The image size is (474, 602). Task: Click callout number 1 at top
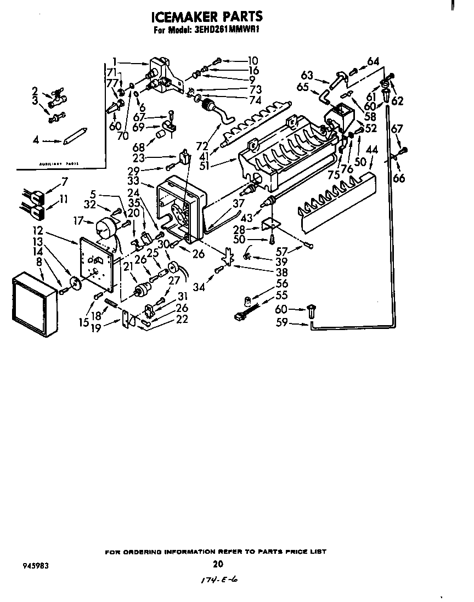coord(115,61)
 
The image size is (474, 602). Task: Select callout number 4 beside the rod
coord(36,141)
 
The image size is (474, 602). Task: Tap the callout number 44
coord(372,149)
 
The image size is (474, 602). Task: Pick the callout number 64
coord(373,61)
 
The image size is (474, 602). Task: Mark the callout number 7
coord(65,181)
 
